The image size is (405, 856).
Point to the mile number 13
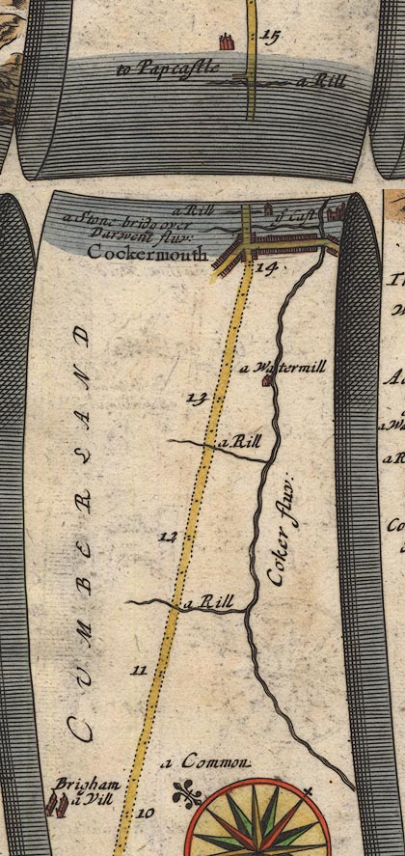click(198, 398)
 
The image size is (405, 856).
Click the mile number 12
click(169, 537)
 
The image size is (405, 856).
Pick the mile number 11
click(138, 670)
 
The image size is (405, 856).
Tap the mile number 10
click(145, 814)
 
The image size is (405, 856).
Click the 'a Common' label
click(206, 762)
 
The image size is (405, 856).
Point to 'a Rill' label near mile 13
click(240, 441)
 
